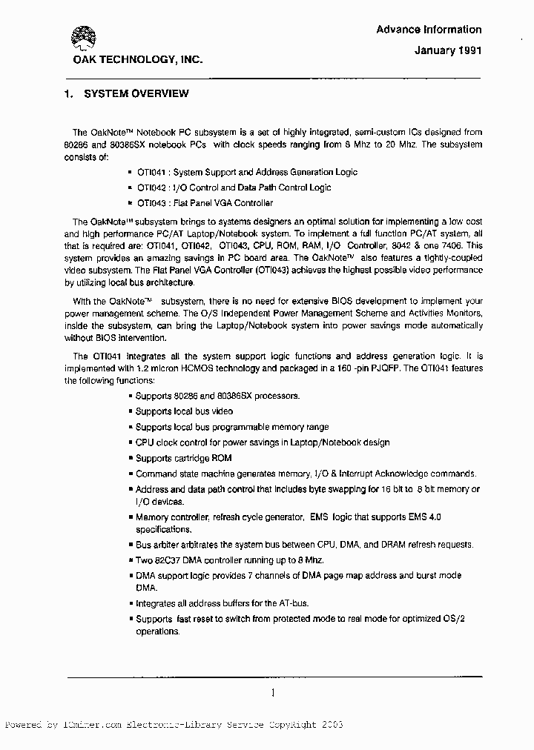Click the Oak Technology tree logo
(x=83, y=37)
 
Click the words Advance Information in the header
(x=429, y=30)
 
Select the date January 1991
(x=448, y=51)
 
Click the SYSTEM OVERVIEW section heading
(x=136, y=93)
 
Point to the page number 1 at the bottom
(x=273, y=694)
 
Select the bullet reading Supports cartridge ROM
(x=183, y=458)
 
